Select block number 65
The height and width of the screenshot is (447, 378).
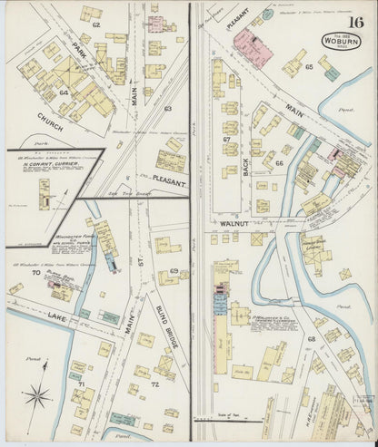(309, 67)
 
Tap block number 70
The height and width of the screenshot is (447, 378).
(35, 273)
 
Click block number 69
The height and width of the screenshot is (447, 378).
(173, 271)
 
